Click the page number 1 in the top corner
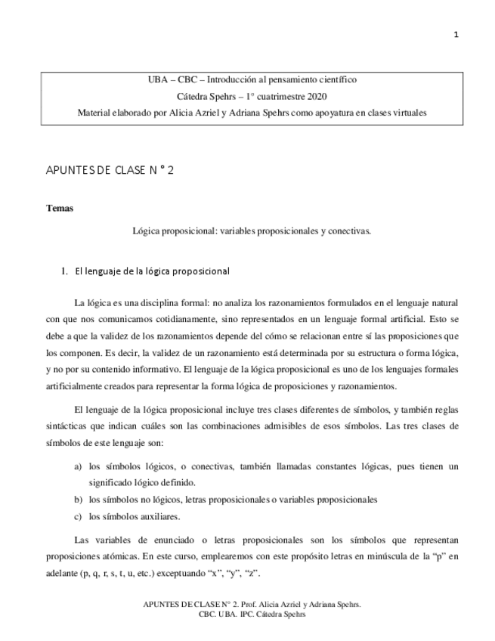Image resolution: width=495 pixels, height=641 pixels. [x=456, y=35]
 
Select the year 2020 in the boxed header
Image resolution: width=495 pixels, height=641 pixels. [x=314, y=96]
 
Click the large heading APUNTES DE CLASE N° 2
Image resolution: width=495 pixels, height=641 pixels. [x=110, y=171]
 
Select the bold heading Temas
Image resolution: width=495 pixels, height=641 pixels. [x=60, y=208]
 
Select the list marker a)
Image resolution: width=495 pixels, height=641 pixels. [x=78, y=467]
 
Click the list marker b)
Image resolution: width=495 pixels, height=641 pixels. [x=78, y=500]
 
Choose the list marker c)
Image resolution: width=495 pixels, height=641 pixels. [x=78, y=517]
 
